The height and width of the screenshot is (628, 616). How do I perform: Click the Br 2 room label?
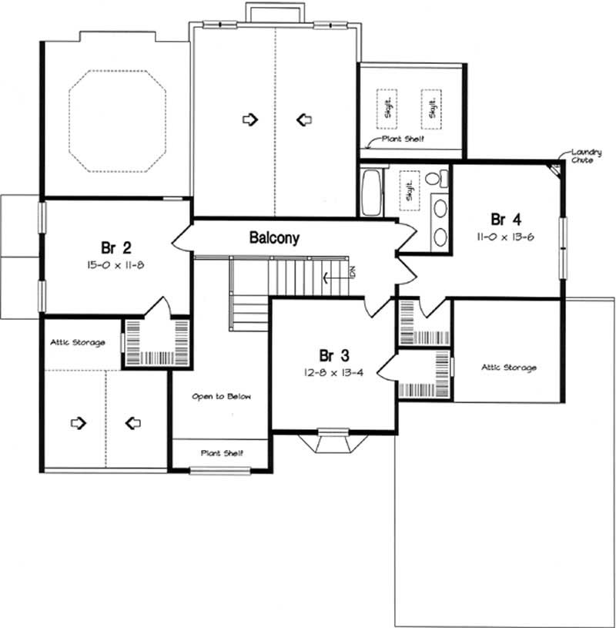[115, 247]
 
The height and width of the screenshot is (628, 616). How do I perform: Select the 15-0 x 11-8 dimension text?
[115, 265]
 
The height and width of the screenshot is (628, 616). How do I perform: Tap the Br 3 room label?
[334, 355]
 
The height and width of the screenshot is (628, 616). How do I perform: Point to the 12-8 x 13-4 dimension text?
[335, 372]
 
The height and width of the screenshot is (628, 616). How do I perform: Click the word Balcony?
[273, 238]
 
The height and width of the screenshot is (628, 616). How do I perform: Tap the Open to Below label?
[222, 396]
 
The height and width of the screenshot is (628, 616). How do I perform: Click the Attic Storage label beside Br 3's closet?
[508, 368]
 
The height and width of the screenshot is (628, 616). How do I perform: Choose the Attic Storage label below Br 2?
[77, 342]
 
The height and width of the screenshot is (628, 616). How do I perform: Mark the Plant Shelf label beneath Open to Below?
[222, 453]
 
